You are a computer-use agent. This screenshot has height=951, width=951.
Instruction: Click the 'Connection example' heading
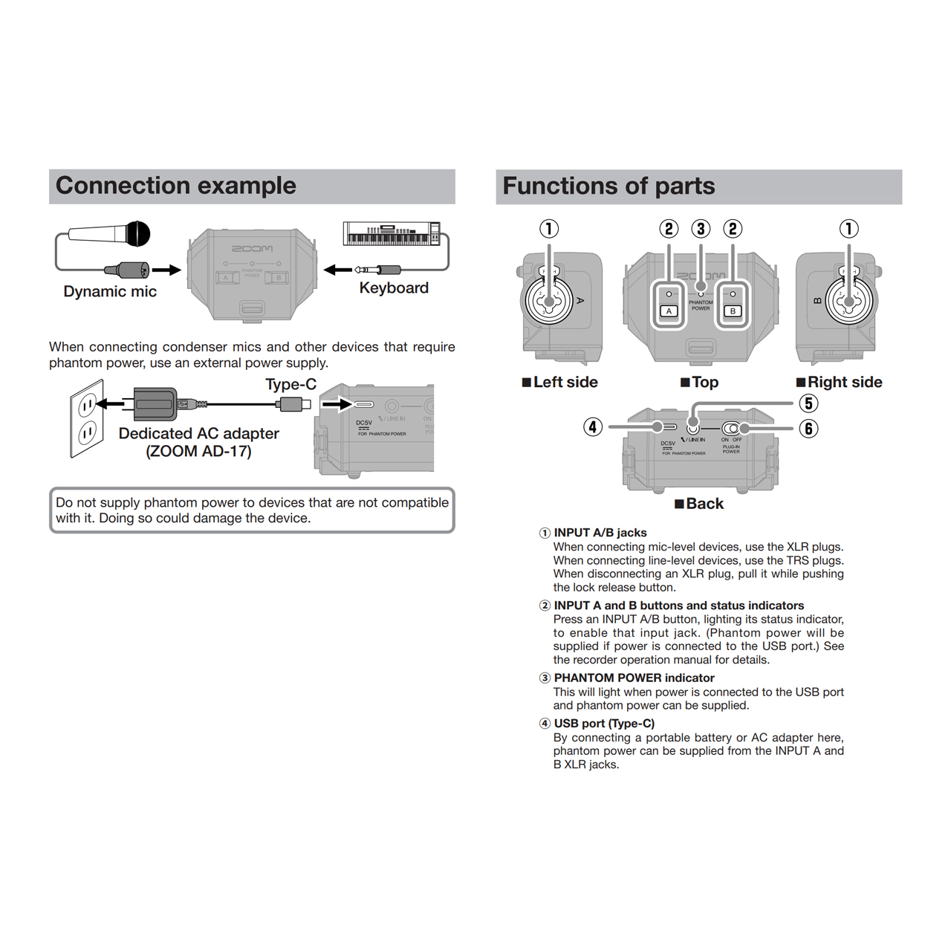pyautogui.click(x=176, y=186)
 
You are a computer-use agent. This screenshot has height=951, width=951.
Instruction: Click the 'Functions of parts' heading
pyautogui.click(x=608, y=186)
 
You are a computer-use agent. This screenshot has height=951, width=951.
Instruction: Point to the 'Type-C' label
pyautogui.click(x=291, y=384)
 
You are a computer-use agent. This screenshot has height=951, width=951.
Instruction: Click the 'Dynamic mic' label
pyautogui.click(x=110, y=291)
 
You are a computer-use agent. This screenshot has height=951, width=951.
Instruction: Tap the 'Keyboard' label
pyautogui.click(x=394, y=288)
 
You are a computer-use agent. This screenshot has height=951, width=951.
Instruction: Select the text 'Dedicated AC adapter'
pyautogui.click(x=198, y=433)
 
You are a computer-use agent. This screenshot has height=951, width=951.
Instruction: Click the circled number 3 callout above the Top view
pyautogui.click(x=701, y=229)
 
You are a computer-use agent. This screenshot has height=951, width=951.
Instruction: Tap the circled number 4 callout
pyautogui.click(x=593, y=427)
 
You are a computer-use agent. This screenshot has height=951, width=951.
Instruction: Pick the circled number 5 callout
pyautogui.click(x=808, y=403)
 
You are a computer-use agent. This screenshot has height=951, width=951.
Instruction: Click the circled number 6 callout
pyautogui.click(x=808, y=429)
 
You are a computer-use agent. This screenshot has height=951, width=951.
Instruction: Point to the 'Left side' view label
pyautogui.click(x=560, y=382)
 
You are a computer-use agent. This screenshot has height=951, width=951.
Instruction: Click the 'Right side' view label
pyautogui.click(x=840, y=382)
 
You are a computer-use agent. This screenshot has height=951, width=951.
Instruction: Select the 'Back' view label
pyautogui.click(x=699, y=504)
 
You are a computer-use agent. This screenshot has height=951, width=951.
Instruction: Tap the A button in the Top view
pyautogui.click(x=669, y=311)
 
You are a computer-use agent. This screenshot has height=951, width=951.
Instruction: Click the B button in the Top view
pyautogui.click(x=733, y=311)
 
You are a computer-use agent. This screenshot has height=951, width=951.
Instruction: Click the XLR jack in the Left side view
pyautogui.click(x=549, y=301)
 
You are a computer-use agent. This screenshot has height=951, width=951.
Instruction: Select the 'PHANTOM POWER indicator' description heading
pyautogui.click(x=634, y=678)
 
